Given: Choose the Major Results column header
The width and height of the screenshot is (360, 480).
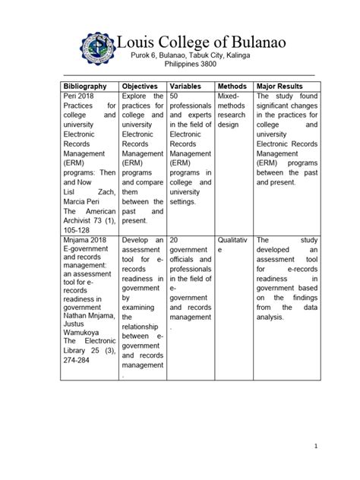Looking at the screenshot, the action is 285,87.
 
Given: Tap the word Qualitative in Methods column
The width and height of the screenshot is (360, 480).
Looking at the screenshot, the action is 232,245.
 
